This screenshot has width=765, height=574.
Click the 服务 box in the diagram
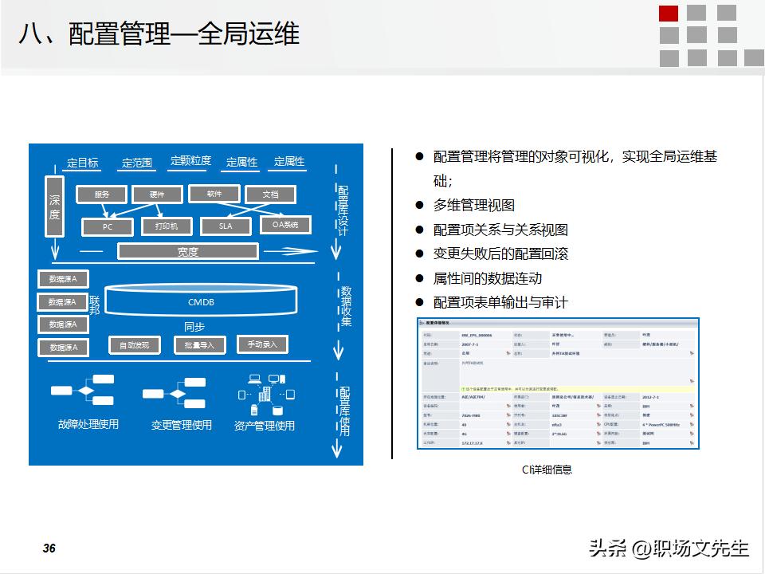102,195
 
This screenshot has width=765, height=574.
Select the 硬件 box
157,195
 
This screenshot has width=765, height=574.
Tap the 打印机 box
167,226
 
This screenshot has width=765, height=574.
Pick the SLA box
226,226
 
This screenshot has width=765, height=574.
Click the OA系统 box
285,226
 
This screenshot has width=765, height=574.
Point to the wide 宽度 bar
188,252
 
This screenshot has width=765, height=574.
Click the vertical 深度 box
54,207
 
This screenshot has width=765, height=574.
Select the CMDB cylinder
201,302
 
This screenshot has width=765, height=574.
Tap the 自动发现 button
134,345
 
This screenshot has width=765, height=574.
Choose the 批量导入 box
199,345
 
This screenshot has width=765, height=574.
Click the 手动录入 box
262,344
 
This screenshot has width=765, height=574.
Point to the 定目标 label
82,163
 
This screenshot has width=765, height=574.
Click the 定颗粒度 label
190,161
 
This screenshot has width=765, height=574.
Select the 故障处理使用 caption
88,424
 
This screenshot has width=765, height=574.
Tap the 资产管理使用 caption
265,426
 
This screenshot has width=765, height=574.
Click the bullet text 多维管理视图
473,206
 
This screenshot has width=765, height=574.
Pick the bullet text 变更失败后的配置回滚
500,254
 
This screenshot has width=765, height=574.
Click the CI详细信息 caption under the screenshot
547,470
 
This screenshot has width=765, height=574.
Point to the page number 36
49,548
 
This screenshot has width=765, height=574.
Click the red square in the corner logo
669,13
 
